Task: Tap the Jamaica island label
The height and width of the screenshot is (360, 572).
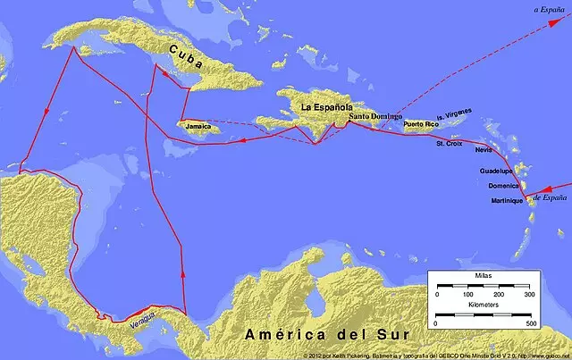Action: pos(199,128)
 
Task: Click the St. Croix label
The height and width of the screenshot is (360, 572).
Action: pos(450,143)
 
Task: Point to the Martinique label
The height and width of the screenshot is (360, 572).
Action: pos(507,201)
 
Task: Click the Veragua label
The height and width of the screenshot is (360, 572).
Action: pos(144,313)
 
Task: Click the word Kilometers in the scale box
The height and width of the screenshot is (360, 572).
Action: pos(483,306)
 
